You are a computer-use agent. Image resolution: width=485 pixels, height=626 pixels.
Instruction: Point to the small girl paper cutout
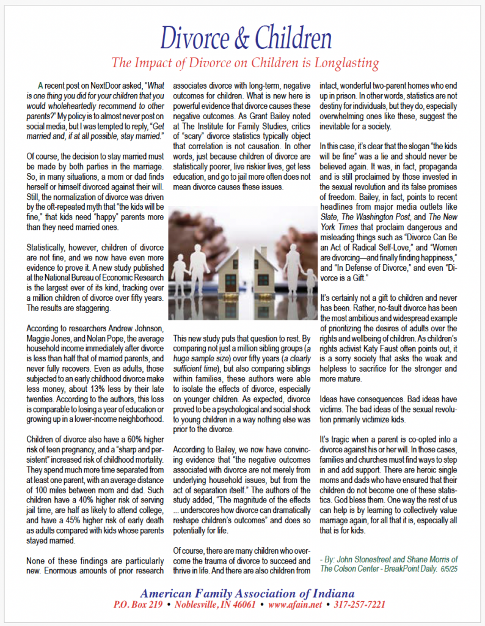tap(311, 280)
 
